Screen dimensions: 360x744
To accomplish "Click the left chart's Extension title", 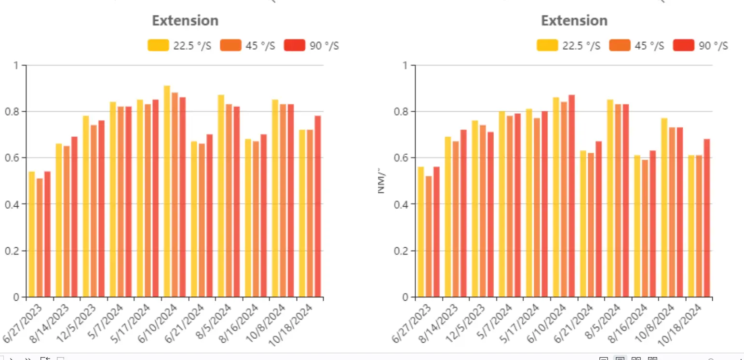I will pos(185,21).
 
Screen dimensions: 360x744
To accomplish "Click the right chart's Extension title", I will pos(574,21).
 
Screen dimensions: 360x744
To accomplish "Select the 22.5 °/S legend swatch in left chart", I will pos(158,45).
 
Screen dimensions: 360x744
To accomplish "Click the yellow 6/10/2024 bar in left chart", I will pos(167,193).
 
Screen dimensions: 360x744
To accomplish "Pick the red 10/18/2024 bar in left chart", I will pos(318,207).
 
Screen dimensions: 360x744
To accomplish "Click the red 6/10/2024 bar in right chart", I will pos(572,198).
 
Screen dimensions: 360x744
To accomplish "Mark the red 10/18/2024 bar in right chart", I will pos(707,219).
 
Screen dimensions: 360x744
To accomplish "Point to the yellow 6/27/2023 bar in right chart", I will pos(421,234).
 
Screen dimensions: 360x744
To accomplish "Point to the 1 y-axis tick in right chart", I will pos(406,65).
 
